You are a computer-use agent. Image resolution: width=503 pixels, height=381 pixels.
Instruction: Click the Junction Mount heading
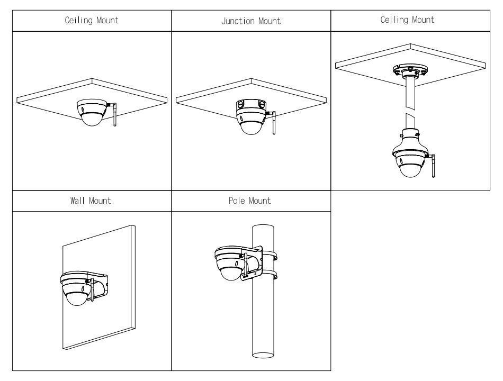(x=251, y=22)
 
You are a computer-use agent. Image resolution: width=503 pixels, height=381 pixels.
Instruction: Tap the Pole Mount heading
(x=251, y=201)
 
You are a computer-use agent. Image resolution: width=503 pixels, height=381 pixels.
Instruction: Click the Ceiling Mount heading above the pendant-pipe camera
(x=411, y=20)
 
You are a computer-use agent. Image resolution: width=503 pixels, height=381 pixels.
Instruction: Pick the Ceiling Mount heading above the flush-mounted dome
(x=92, y=21)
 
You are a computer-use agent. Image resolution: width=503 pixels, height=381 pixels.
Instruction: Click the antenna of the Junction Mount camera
(x=273, y=123)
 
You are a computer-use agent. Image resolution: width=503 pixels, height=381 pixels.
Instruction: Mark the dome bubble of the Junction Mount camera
(x=253, y=126)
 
